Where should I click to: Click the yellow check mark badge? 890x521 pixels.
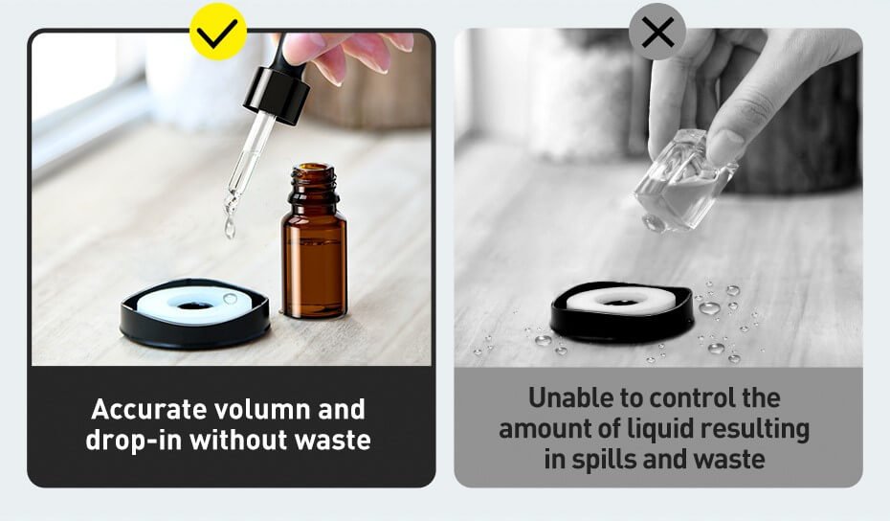click(x=217, y=32)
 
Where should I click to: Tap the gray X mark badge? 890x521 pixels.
click(x=656, y=32)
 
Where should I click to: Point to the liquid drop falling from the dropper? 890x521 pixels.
click(x=230, y=228)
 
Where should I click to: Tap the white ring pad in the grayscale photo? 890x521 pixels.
click(x=620, y=299)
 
